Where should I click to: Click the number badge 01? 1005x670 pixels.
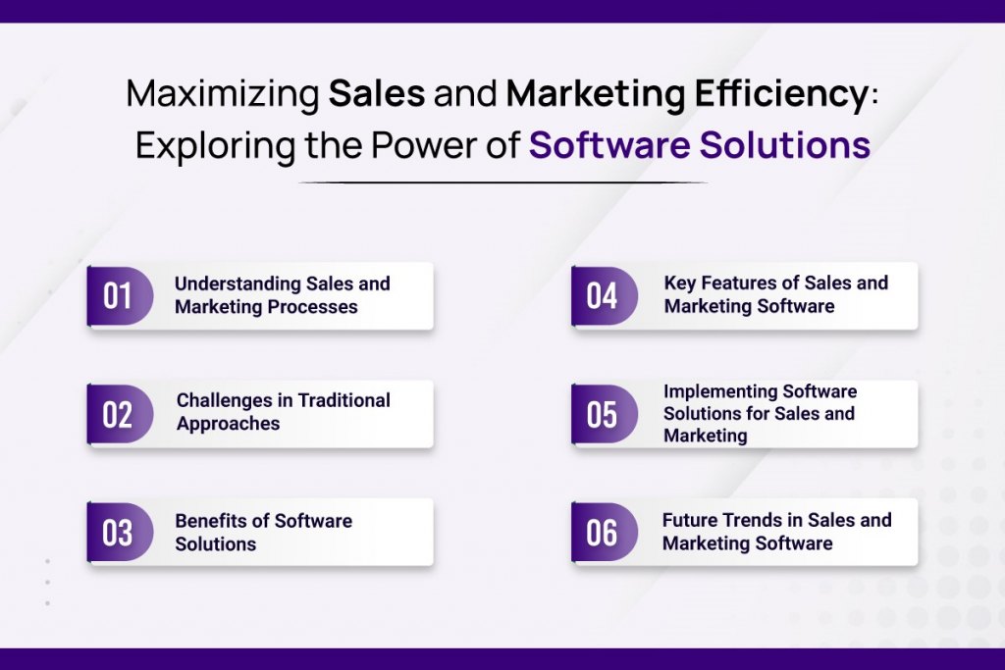[x=120, y=296]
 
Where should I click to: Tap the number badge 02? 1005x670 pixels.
[x=120, y=414]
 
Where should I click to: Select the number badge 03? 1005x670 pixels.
[x=120, y=533]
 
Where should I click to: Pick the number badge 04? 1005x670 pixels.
[x=605, y=296]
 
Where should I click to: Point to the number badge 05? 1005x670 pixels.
[x=605, y=414]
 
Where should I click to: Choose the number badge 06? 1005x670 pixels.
[x=605, y=533]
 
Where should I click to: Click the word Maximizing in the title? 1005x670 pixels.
[x=223, y=94]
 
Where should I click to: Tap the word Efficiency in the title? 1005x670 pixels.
[x=781, y=94]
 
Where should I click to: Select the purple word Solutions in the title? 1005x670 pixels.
[x=784, y=145]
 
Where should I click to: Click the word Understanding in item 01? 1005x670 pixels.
[x=238, y=284]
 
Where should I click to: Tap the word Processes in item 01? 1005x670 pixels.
[x=311, y=307]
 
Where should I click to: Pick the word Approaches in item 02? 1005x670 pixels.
[x=228, y=424]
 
